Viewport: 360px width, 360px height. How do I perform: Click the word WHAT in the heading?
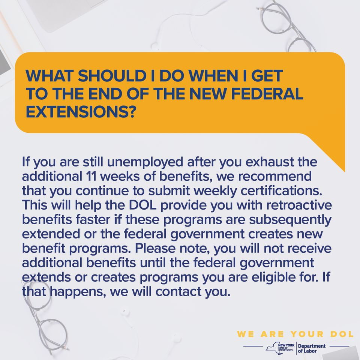tap(49, 76)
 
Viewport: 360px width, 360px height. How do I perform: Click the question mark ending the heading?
tap(133, 112)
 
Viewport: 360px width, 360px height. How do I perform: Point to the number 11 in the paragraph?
tap(91, 176)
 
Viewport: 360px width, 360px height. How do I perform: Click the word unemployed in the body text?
tap(145, 162)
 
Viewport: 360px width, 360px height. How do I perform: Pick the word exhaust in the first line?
tap(270, 162)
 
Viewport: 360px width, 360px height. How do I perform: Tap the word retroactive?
tap(299, 205)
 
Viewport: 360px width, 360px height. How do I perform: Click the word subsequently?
tap(290, 220)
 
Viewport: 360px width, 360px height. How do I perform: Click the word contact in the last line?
tap(178, 292)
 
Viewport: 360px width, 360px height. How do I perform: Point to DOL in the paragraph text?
tap(142, 205)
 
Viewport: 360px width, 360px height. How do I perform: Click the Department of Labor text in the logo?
tap(312, 348)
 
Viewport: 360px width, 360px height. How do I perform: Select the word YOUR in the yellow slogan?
tap(307, 334)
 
